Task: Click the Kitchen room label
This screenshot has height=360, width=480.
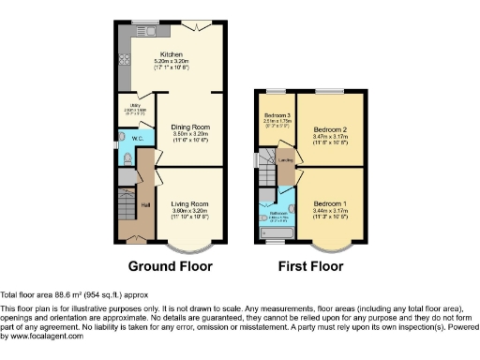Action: coord(170,54)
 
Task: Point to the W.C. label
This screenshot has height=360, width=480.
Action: coord(136,139)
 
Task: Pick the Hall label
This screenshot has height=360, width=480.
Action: coord(145,204)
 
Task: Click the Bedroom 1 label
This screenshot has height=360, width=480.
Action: coord(331,203)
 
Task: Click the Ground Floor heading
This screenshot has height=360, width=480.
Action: coord(170,266)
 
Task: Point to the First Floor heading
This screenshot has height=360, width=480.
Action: coord(310,266)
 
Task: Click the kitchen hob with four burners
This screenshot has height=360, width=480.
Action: coord(125,62)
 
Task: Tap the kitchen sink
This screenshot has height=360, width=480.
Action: coord(125,38)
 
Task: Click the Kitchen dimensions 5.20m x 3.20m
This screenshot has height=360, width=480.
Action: coord(170,62)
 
